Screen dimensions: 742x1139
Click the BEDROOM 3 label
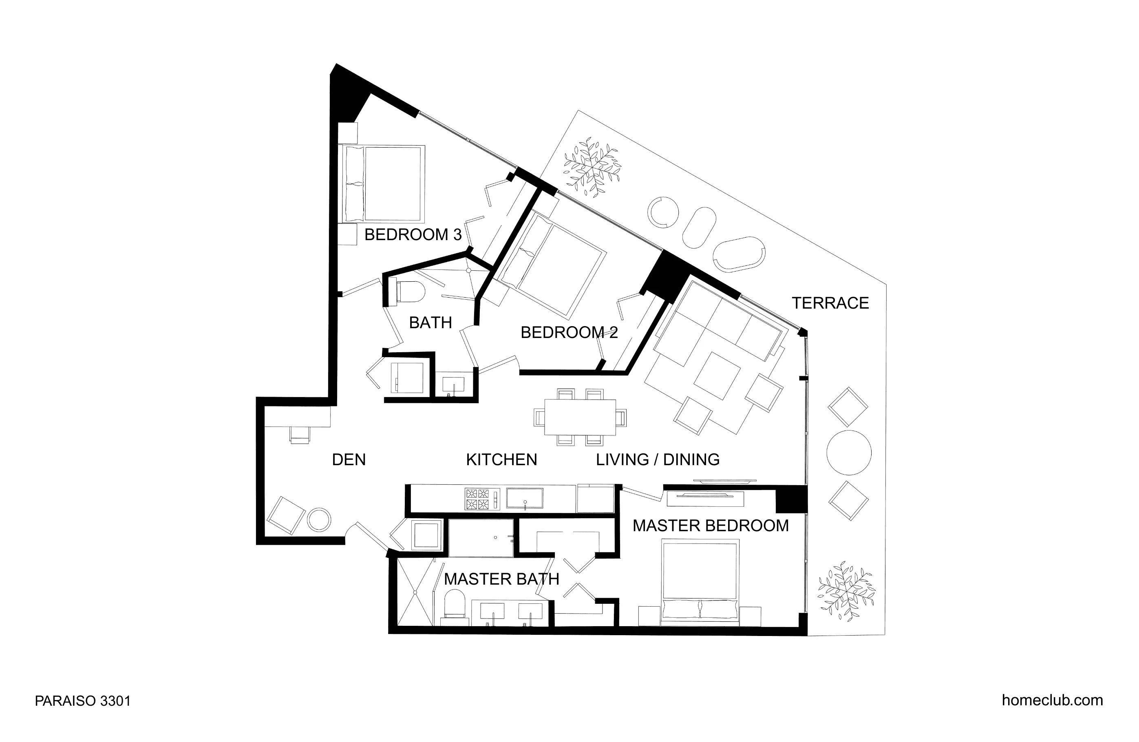pyautogui.click(x=413, y=234)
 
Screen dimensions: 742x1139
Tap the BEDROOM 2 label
pyautogui.click(x=569, y=332)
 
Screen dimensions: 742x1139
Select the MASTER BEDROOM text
pyautogui.click(x=710, y=526)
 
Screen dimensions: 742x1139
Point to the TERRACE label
pyautogui.click(x=830, y=303)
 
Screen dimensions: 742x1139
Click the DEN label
pyautogui.click(x=349, y=459)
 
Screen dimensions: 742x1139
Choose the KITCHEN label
pyautogui.click(x=501, y=459)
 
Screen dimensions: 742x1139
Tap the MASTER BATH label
pyautogui.click(x=501, y=579)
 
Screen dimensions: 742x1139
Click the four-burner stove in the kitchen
pyautogui.click(x=477, y=499)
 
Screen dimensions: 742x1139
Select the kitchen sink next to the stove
pyautogui.click(x=525, y=498)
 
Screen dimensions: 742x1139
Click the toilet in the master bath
pyautogui.click(x=454, y=604)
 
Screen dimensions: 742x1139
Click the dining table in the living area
pyautogui.click(x=580, y=417)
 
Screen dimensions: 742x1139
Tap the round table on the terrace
pyautogui.click(x=848, y=453)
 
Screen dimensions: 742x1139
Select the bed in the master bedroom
pyautogui.click(x=700, y=582)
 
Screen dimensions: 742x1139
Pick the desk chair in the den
pyautogui.click(x=300, y=435)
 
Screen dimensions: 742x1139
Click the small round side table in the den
pyautogui.click(x=318, y=519)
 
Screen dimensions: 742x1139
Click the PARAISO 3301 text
pyautogui.click(x=82, y=701)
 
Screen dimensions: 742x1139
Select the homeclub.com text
pyautogui.click(x=1052, y=700)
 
